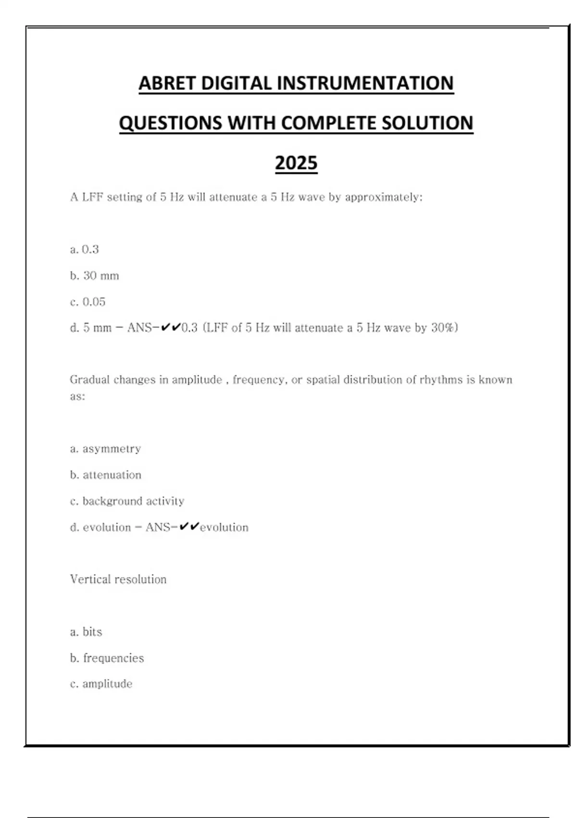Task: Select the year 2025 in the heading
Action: pos(296,163)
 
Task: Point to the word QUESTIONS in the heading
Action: pos(170,123)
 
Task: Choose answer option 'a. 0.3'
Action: pos(85,249)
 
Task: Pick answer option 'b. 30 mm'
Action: pos(95,276)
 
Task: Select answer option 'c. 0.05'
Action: pos(88,302)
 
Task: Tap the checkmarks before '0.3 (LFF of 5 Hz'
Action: pos(171,328)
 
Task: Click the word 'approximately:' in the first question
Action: pos(384,197)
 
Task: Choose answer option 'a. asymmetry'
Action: pos(106,449)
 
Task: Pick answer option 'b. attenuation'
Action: pos(106,475)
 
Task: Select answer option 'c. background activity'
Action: pos(127,501)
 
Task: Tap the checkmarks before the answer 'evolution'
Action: pos(189,527)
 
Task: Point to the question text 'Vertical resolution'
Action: pos(118,579)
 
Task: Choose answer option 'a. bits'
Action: pos(87,632)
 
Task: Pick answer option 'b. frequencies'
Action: pos(107,658)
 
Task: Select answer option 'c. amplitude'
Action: pos(101,684)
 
